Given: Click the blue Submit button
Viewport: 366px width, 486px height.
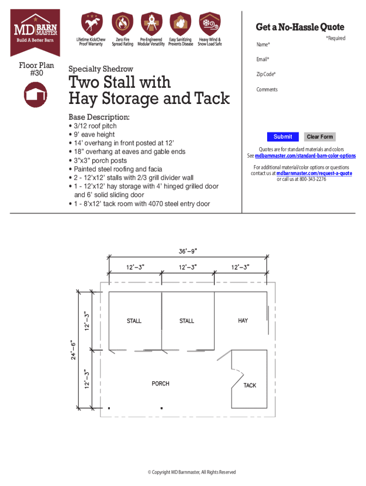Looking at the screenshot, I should pyautogui.click(x=283, y=137).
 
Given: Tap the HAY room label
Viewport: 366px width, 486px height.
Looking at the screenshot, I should pyautogui.click(x=243, y=321).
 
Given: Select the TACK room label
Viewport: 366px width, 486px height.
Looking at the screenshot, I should pyautogui.click(x=250, y=385).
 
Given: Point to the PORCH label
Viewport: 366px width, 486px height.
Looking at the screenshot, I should pyautogui.click(x=160, y=383).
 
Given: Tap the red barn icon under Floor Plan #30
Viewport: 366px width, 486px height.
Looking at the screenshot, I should pyautogui.click(x=36, y=94).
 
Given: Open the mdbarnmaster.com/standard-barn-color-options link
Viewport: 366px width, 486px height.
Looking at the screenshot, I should pyautogui.click(x=305, y=156).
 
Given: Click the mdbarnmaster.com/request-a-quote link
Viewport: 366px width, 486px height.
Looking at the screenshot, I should pyautogui.click(x=314, y=174).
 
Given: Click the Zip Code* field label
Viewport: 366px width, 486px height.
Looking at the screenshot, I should pyautogui.click(x=266, y=75).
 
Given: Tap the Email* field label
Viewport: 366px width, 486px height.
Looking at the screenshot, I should pyautogui.click(x=262, y=59).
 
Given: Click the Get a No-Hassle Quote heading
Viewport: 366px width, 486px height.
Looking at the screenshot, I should pyautogui.click(x=300, y=27).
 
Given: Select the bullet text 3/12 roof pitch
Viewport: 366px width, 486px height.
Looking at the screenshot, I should pyautogui.click(x=95, y=126).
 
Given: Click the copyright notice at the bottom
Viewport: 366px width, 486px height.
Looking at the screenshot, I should pyautogui.click(x=192, y=472).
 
